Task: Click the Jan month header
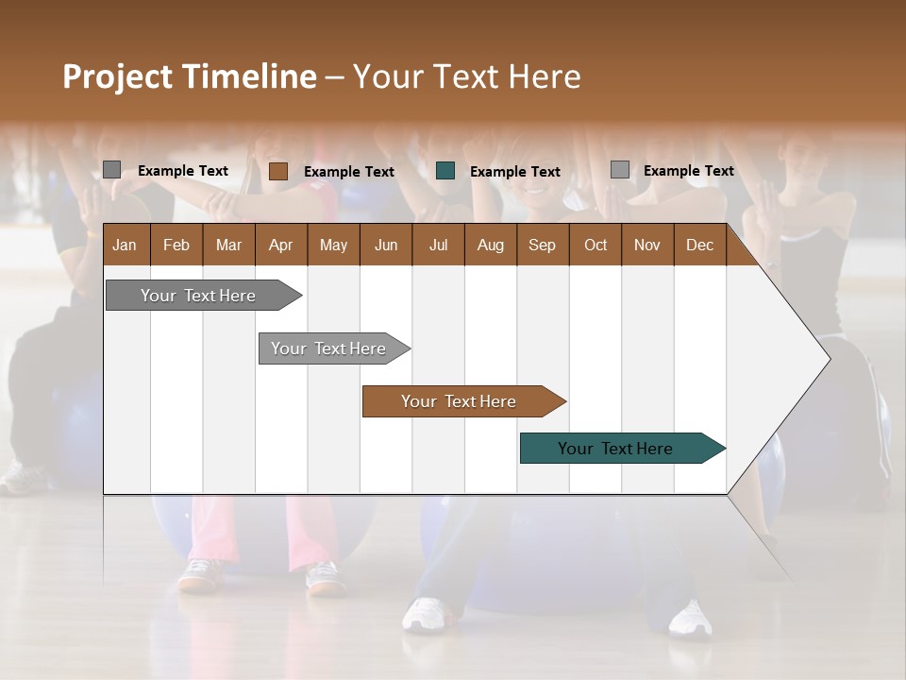(126, 245)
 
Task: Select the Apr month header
(281, 245)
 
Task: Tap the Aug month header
(491, 245)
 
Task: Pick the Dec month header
(700, 245)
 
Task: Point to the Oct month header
(596, 245)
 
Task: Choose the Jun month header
(386, 245)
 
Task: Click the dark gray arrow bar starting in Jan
(199, 296)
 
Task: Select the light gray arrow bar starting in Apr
(329, 348)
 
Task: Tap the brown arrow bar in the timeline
(460, 401)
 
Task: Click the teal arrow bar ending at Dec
(616, 449)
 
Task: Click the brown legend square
(277, 171)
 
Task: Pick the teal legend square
(445, 171)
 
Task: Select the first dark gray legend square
(111, 170)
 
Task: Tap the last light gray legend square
(619, 170)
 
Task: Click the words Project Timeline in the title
(189, 76)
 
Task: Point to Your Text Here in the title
(466, 76)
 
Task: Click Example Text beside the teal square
(515, 171)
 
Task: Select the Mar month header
(229, 245)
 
